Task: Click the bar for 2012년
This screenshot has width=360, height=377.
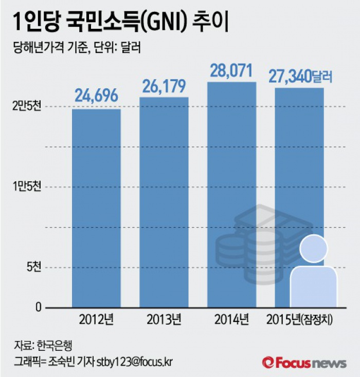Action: coord(96,208)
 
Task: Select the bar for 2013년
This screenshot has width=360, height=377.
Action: coord(164,202)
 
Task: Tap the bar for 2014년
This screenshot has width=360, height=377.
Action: coord(232,195)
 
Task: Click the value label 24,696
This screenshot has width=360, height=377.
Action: coord(96,95)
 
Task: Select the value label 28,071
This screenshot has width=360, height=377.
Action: coord(232,70)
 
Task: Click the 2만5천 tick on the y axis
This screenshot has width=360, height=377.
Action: coord(27,106)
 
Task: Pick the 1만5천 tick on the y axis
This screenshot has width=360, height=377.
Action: coord(27,186)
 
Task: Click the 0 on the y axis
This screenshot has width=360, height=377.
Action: coord(38,307)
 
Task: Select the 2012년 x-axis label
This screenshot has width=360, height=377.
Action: coord(96,320)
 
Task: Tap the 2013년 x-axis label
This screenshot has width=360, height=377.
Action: coord(164,320)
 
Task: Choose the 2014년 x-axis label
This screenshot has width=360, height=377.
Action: coord(232,320)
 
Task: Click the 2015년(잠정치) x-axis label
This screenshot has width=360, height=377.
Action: coord(300,320)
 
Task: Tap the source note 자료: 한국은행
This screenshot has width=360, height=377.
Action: coord(46,344)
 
